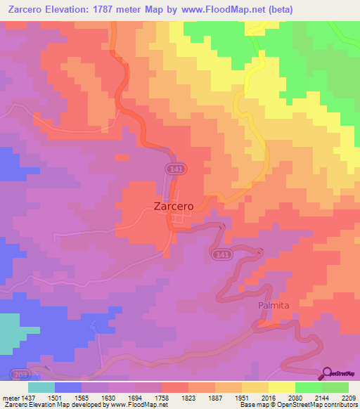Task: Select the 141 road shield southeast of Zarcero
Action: tap(222, 254)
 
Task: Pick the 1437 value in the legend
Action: tap(29, 398)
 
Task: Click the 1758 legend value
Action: tap(162, 398)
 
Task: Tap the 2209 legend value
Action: tap(348, 398)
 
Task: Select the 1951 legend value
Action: tap(241, 398)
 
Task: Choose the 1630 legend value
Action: tap(108, 398)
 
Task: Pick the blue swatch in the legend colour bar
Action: tap(68, 387)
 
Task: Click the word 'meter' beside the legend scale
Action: tap(10, 398)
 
